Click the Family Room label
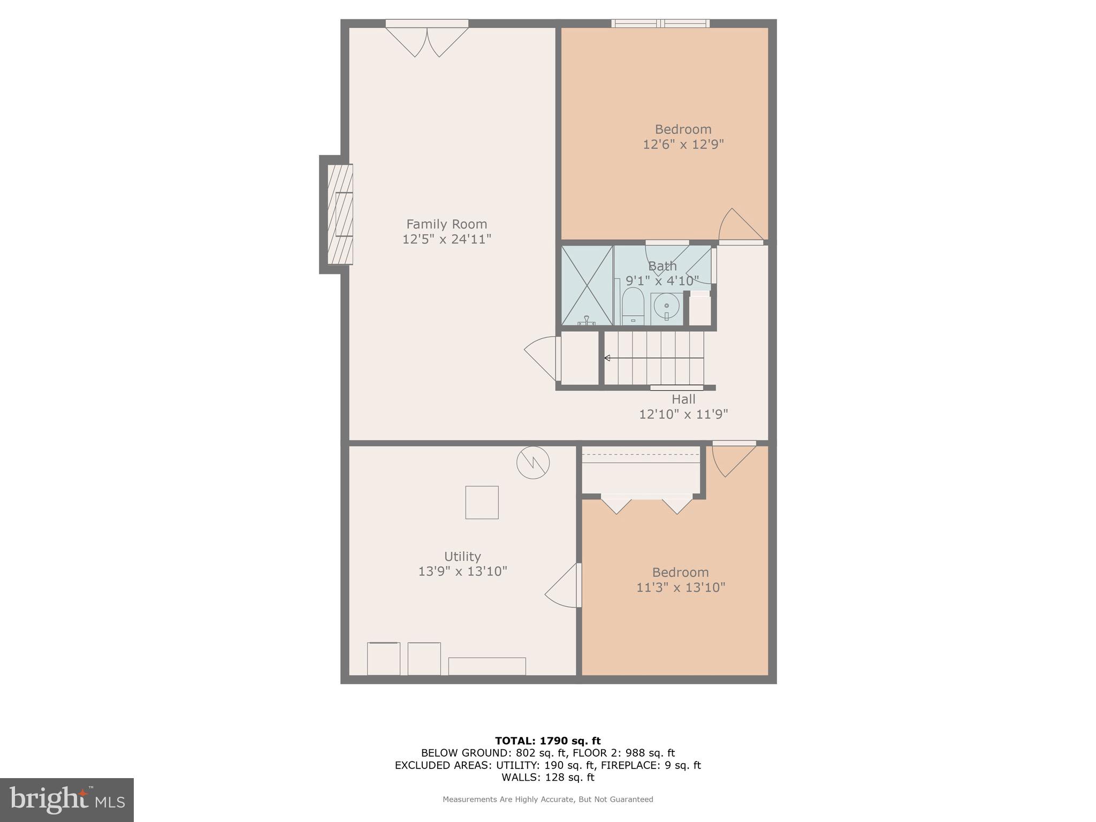pyautogui.click(x=446, y=224)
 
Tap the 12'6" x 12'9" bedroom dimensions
pyautogui.click(x=683, y=144)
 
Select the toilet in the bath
pyautogui.click(x=633, y=307)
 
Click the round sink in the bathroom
pyautogui.click(x=666, y=306)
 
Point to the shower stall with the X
pyautogui.click(x=587, y=285)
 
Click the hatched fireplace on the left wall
pyautogui.click(x=340, y=214)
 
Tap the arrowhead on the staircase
pyautogui.click(x=607, y=358)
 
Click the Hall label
pyautogui.click(x=683, y=399)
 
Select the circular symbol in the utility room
pyautogui.click(x=533, y=462)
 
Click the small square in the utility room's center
pyautogui.click(x=482, y=503)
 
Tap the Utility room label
pyautogui.click(x=462, y=556)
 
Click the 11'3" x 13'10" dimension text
pyautogui.click(x=680, y=588)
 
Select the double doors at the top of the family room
pyautogui.click(x=427, y=40)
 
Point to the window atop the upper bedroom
pyautogui.click(x=660, y=23)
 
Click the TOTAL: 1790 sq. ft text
pyautogui.click(x=547, y=741)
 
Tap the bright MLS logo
pyautogui.click(x=67, y=800)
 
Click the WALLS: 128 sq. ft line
pyautogui.click(x=547, y=778)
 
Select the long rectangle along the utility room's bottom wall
pyautogui.click(x=486, y=666)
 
